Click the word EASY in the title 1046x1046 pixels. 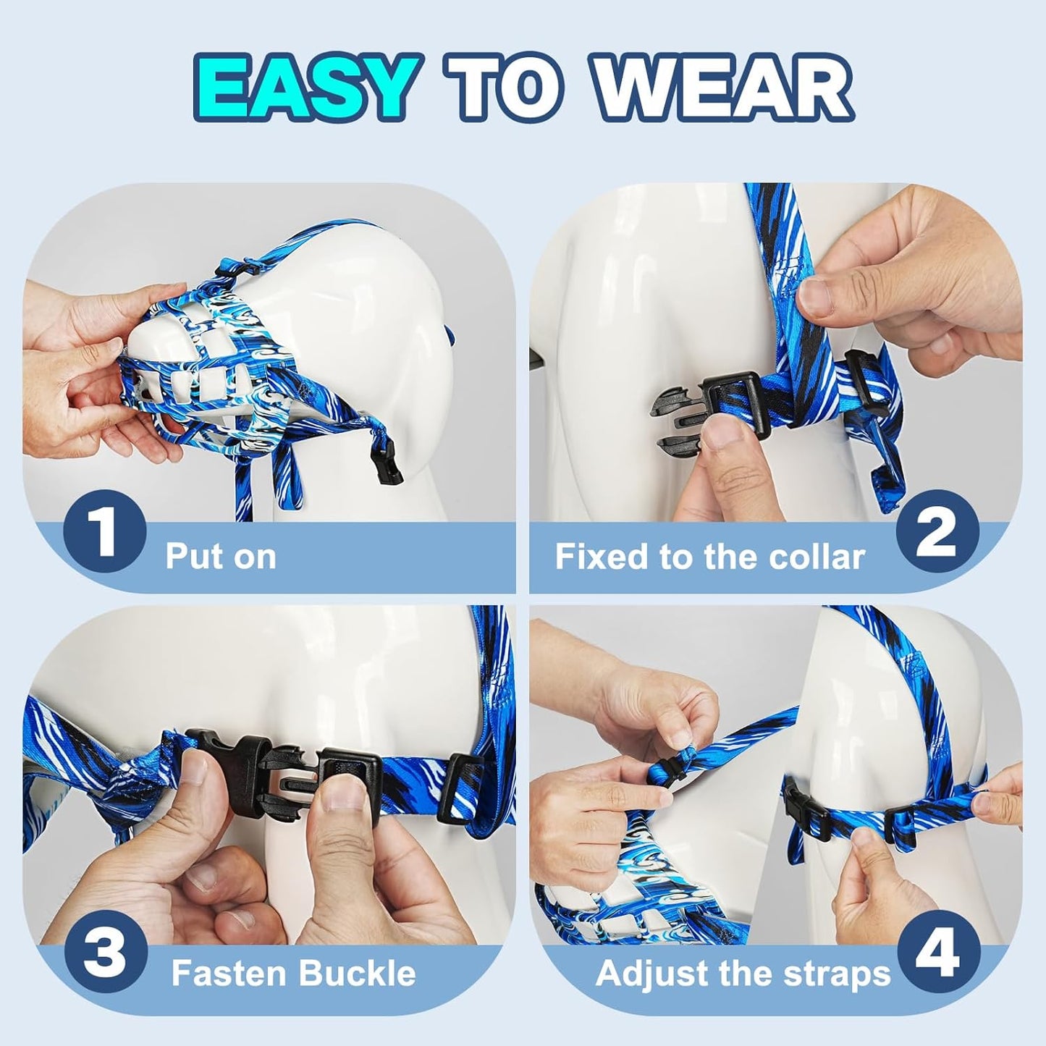pos(305,88)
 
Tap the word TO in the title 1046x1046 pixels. pos(505,88)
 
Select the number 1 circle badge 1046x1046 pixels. pos(104,532)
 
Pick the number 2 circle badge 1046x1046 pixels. pos(937,532)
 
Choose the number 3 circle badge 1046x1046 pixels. pos(104,951)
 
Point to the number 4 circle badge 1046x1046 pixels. pos(938,951)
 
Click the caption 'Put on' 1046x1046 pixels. pos(221,557)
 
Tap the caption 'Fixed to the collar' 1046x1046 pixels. pos(709,557)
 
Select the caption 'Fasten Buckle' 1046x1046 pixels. pos(293,974)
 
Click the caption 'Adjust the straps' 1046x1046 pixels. pos(743,974)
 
